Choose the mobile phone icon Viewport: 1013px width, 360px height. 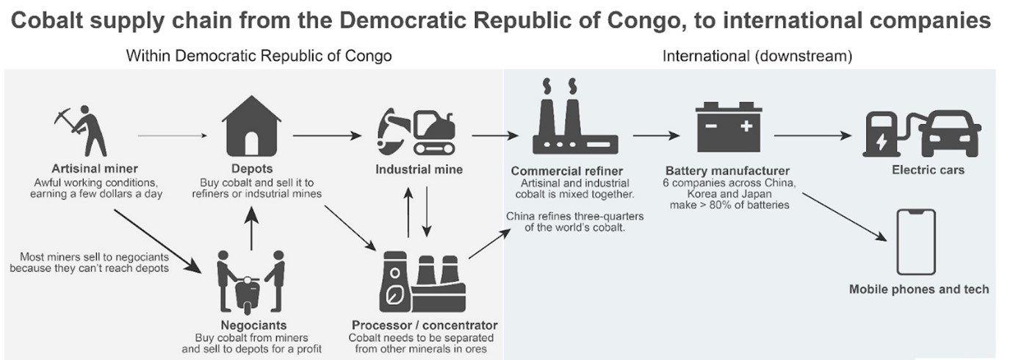(x=915, y=242)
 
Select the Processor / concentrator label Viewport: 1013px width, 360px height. (x=424, y=325)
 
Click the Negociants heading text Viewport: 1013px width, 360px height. (x=253, y=325)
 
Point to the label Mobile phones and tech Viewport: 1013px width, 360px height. (x=919, y=289)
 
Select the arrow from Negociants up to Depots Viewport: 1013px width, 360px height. (x=252, y=228)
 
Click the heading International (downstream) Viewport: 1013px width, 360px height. (x=757, y=56)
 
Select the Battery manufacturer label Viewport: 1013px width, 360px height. (x=727, y=171)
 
